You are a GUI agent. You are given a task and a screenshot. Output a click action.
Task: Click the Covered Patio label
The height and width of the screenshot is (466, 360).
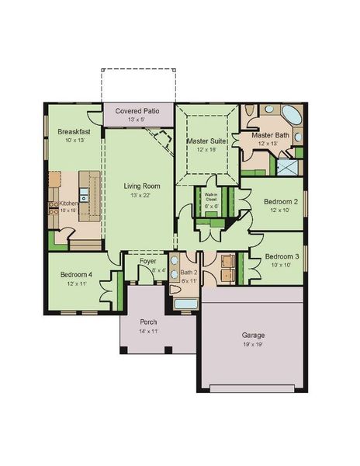click(137, 111)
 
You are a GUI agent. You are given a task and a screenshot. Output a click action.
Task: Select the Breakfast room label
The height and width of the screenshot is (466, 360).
click(73, 132)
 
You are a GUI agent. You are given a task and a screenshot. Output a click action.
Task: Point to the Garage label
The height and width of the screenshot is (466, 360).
click(254, 336)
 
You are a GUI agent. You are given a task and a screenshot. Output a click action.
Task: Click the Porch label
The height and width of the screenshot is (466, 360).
click(149, 322)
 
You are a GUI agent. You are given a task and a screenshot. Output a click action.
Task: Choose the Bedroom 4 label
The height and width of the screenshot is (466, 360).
click(77, 275)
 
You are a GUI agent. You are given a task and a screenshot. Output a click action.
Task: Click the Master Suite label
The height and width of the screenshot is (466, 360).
click(206, 141)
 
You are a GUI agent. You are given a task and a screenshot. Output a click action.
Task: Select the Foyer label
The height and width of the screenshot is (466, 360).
click(147, 261)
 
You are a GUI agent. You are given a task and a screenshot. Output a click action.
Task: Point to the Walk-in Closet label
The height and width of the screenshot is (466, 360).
click(209, 198)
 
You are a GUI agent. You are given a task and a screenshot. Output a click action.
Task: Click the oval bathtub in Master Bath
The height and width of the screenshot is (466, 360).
click(292, 116)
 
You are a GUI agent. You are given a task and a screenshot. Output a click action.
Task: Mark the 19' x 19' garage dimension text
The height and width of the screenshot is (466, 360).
click(254, 344)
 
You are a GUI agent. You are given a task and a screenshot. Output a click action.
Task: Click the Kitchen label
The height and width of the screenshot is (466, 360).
click(69, 203)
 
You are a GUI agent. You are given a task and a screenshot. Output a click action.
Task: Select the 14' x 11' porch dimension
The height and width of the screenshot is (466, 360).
click(149, 331)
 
